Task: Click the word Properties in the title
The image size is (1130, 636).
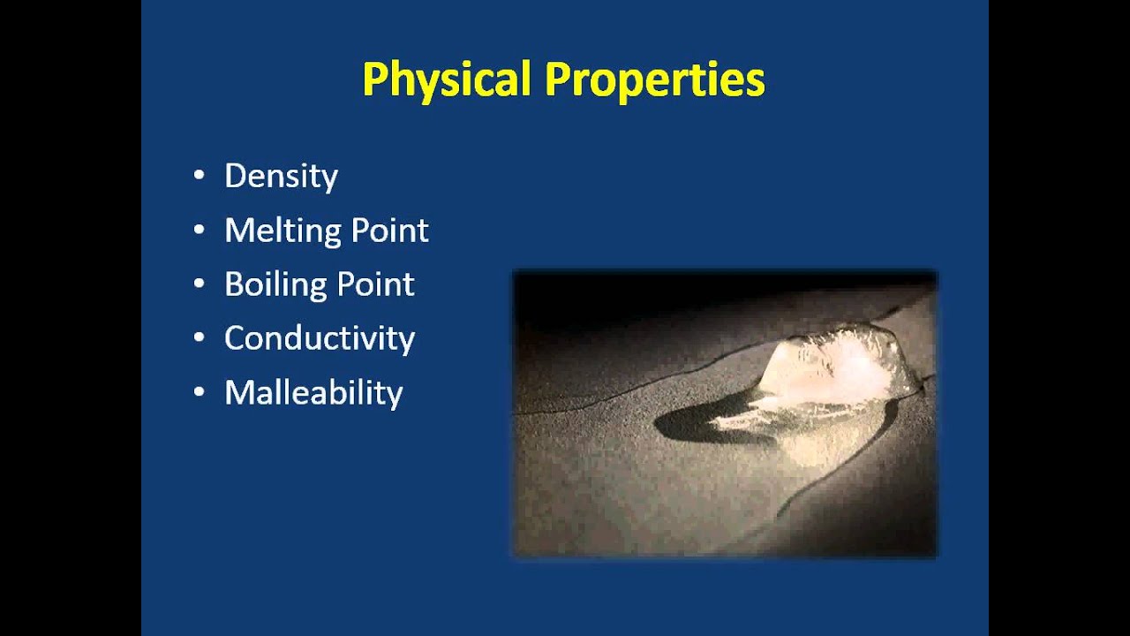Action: point(653,80)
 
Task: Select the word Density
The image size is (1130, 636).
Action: point(281,177)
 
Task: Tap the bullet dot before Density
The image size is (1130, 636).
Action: point(199,176)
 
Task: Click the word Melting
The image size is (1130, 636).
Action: point(282,231)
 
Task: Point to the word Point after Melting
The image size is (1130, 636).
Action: point(389,231)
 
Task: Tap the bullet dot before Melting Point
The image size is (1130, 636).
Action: point(199,231)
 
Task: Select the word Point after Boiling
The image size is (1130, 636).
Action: point(376,285)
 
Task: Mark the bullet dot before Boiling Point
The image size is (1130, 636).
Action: point(199,284)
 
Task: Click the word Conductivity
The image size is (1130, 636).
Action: point(319,338)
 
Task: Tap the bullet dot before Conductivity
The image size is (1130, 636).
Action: point(199,338)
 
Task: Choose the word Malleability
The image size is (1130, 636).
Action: point(313,392)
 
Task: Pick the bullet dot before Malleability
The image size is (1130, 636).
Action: point(199,392)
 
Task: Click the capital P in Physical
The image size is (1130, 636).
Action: point(373,80)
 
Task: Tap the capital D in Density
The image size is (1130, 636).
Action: point(234,176)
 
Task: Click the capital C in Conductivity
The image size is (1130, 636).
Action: point(235,338)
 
